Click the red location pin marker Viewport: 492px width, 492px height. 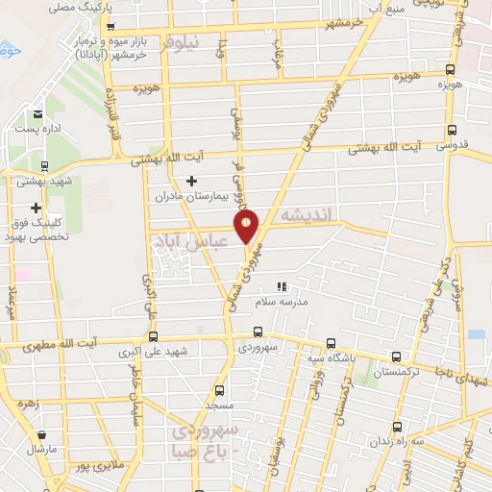click(248, 228)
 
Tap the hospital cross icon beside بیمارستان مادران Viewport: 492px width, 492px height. click(191, 181)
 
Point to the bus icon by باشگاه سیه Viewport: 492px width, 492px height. click(331, 343)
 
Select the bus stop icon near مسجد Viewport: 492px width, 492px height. click(220, 390)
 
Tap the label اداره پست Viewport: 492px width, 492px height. click(37, 128)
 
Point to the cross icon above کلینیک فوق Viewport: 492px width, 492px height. click(37, 208)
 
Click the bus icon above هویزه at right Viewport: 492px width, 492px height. click(451, 69)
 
